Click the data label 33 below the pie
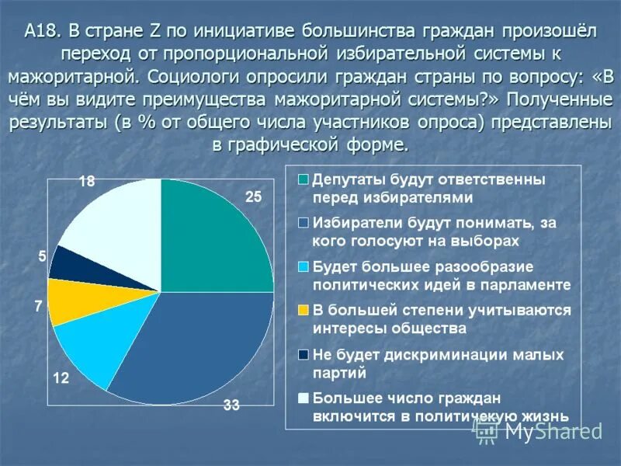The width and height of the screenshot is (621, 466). pyautogui.click(x=231, y=404)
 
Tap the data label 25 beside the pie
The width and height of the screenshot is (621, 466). pyautogui.click(x=254, y=197)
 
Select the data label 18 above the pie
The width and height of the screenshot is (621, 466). pyautogui.click(x=87, y=182)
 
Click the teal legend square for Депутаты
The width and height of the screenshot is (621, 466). pyautogui.click(x=304, y=180)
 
